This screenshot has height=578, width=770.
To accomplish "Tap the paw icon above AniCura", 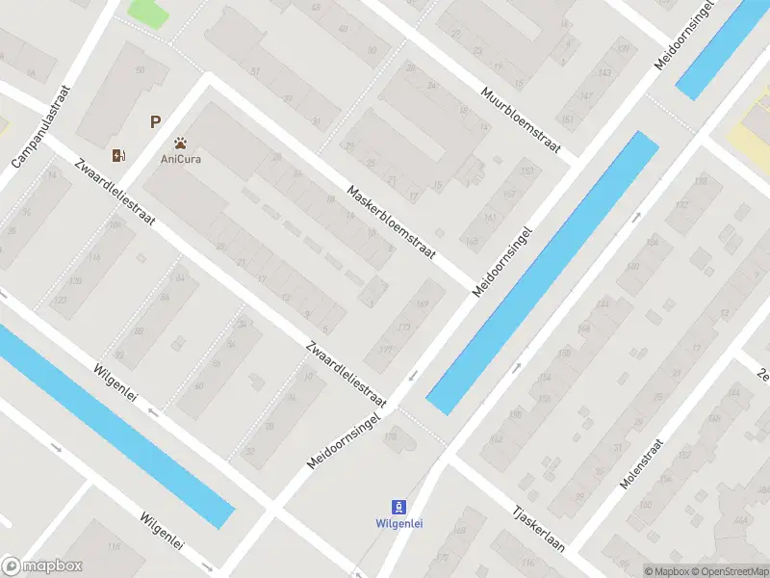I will [x=181, y=143].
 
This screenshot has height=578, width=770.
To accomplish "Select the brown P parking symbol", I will [x=154, y=122].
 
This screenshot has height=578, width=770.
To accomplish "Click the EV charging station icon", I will [x=119, y=155].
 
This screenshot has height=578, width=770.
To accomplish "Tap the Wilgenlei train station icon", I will [x=398, y=507].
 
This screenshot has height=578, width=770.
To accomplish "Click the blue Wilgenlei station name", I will [x=398, y=524].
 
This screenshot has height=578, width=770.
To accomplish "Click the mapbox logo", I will [x=42, y=566].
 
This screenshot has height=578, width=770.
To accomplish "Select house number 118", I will [x=93, y=257].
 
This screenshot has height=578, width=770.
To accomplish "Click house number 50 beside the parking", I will [x=141, y=70].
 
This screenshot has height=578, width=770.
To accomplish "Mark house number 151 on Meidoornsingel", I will [x=567, y=119].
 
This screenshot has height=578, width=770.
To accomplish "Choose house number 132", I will [x=682, y=204].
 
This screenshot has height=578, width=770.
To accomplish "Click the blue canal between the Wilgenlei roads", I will [x=115, y=424].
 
